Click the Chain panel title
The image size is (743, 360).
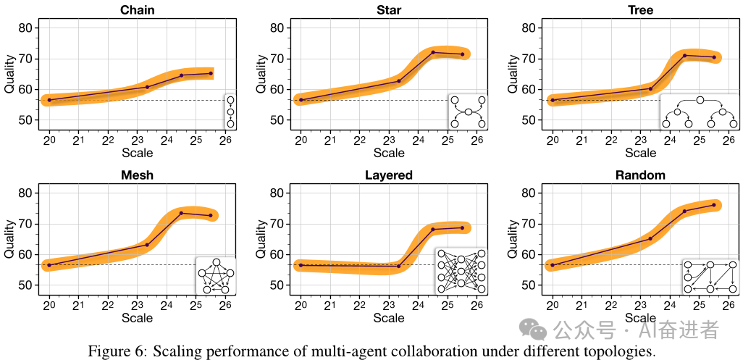tap(137, 10)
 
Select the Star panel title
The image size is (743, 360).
tap(389, 10)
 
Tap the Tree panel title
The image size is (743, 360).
tap(640, 10)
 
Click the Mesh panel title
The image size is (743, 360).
tap(137, 175)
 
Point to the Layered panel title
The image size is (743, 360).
tap(389, 175)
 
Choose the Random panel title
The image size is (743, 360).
tap(640, 175)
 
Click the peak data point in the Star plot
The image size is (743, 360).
tap(433, 52)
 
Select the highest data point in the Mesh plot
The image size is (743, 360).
tap(181, 213)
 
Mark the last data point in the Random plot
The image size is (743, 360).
tap(714, 205)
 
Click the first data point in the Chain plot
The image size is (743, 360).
tap(49, 100)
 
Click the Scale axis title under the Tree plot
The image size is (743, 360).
tap(640, 153)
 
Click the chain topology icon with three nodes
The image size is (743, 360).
tap(230, 112)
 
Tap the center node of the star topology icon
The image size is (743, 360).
tap(468, 112)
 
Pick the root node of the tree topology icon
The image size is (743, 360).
tap(700, 100)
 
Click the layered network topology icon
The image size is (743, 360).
tap(461, 272)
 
